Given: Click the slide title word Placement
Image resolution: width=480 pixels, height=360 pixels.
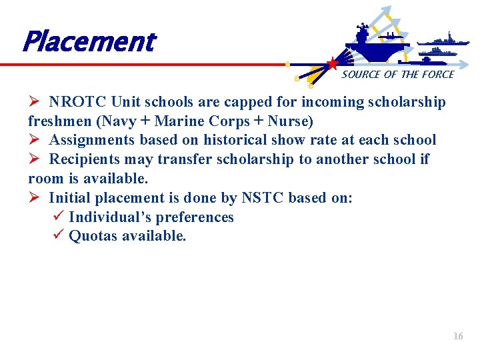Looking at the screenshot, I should coord(88,42).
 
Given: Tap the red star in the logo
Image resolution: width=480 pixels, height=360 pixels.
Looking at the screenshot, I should coord(332,64).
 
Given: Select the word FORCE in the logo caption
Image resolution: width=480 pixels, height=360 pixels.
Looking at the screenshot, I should coord(437,75).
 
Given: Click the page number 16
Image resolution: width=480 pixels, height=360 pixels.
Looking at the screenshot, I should coord(458,337).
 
